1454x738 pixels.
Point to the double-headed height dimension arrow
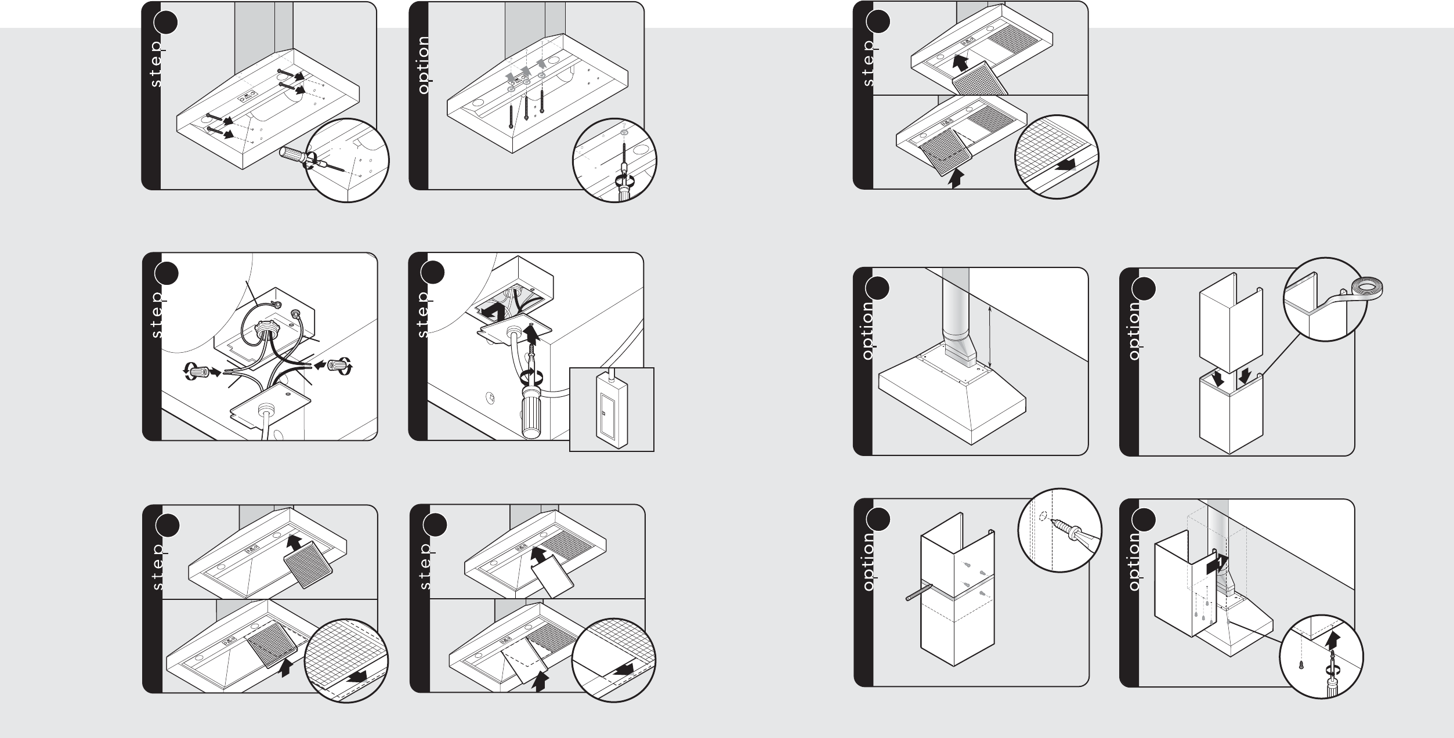click(990, 338)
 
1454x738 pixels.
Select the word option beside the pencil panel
click(868, 562)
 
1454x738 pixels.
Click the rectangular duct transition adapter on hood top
click(960, 355)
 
